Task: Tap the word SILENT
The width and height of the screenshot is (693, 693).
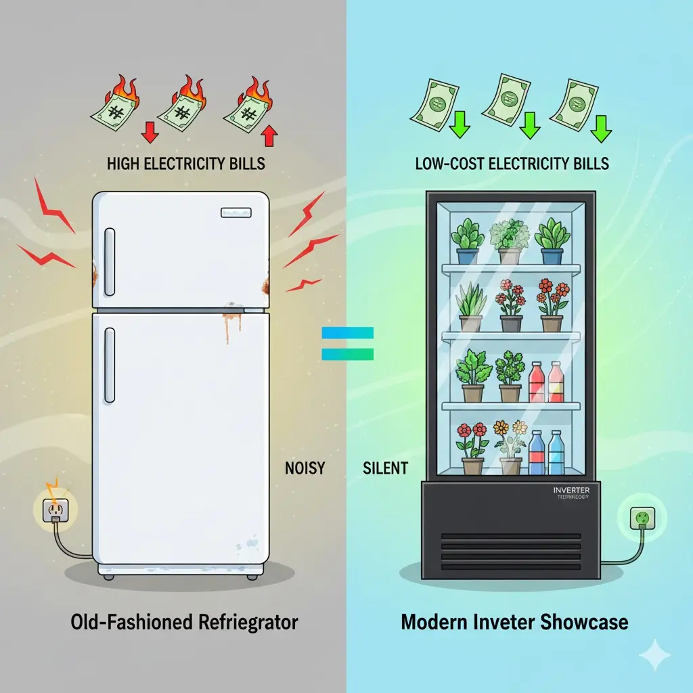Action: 385,467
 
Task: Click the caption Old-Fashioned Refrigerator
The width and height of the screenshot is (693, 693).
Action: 184,622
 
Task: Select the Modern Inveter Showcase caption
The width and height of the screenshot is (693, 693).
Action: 514,622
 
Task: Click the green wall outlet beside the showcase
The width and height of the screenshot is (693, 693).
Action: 640,519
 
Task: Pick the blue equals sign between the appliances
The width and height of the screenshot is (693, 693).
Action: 347,343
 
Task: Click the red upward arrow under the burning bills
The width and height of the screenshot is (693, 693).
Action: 269,136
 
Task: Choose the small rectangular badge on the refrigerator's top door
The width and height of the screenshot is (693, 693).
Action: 236,213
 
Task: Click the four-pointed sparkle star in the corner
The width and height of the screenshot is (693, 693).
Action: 654,656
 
